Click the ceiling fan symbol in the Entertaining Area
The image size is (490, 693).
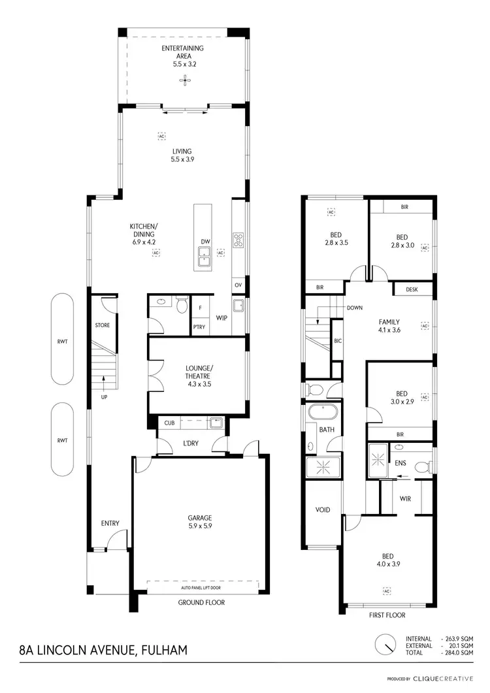(x=186, y=80)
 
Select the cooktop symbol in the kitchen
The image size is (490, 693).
(x=238, y=240)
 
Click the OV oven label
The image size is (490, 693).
(x=238, y=285)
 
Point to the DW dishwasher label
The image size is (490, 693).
(x=204, y=241)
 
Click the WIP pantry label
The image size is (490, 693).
(x=221, y=319)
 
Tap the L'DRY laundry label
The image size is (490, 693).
(x=191, y=443)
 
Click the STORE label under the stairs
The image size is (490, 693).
(x=103, y=325)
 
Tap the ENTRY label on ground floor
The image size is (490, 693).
(x=110, y=523)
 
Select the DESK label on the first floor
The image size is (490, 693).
(x=412, y=289)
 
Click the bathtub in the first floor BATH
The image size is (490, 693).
(x=322, y=413)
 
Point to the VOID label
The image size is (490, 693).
(x=323, y=509)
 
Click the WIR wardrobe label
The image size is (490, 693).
(x=405, y=498)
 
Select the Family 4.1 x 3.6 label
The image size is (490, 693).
(x=388, y=326)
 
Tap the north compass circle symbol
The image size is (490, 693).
(x=385, y=645)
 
